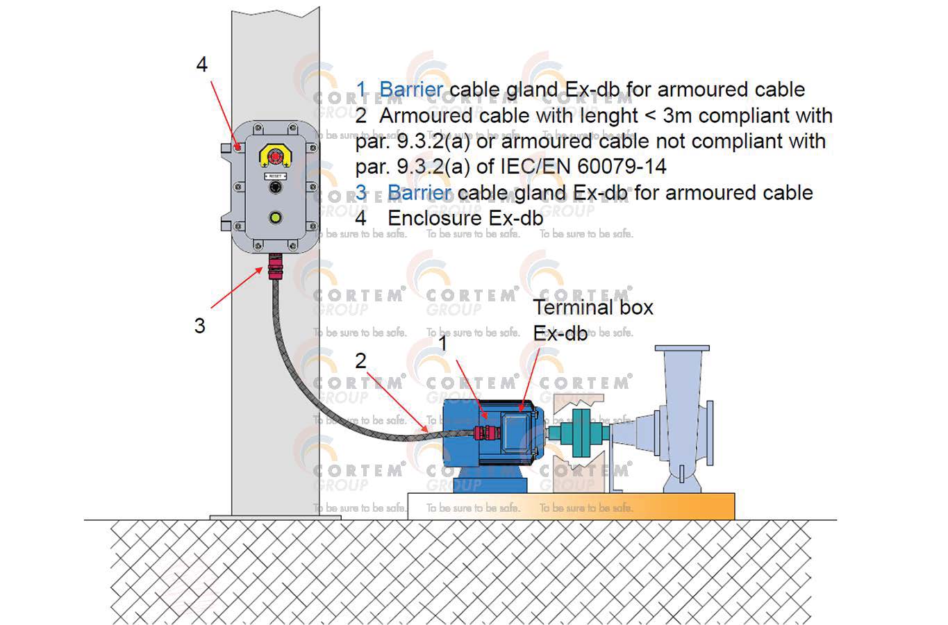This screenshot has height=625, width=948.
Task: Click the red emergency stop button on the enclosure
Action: pyautogui.click(x=276, y=156)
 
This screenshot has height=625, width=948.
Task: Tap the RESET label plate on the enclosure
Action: pyautogui.click(x=276, y=176)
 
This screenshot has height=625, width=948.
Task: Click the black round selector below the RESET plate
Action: pyautogui.click(x=276, y=188)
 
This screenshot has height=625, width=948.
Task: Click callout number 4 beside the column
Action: pyautogui.click(x=201, y=65)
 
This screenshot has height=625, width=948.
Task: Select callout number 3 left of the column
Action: pyautogui.click(x=200, y=325)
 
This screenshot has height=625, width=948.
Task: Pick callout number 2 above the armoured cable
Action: pyautogui.click(x=360, y=360)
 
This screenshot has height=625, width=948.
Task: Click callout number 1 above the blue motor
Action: pyautogui.click(x=442, y=342)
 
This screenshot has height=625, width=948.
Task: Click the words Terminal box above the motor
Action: pyautogui.click(x=592, y=307)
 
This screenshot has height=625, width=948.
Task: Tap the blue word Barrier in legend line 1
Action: pyautogui.click(x=411, y=90)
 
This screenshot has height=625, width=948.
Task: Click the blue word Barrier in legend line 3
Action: pyautogui.click(x=419, y=192)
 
